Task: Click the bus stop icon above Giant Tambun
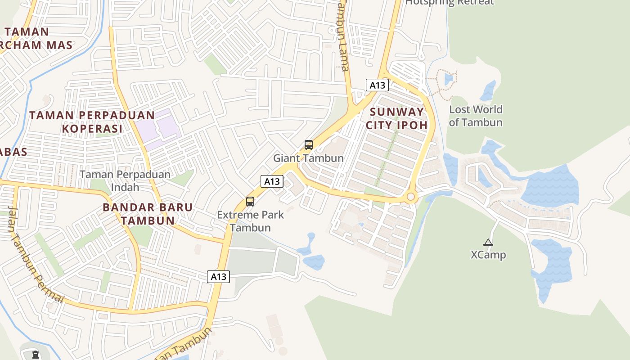click(x=308, y=145)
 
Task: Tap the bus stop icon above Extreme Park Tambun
click(x=250, y=202)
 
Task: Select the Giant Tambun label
click(x=308, y=158)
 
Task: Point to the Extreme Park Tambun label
click(x=250, y=220)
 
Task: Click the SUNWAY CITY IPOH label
click(x=396, y=118)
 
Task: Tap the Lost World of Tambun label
click(x=476, y=116)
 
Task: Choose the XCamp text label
click(x=488, y=255)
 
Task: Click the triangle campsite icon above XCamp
click(x=488, y=243)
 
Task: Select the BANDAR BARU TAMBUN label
click(x=148, y=214)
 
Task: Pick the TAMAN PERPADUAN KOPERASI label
click(x=92, y=122)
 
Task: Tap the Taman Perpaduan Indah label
click(x=125, y=180)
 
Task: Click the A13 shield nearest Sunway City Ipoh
click(x=377, y=85)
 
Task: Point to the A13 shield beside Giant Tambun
click(x=272, y=181)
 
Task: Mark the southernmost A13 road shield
click(x=219, y=277)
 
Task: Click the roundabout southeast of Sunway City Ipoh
click(x=410, y=197)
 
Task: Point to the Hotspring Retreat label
click(x=449, y=3)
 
